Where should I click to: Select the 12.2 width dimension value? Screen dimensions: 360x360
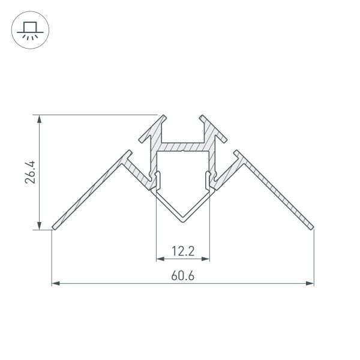click(183, 252)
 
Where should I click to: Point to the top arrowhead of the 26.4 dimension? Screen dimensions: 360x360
click(40, 118)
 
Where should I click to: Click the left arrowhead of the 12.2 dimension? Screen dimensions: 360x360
click(160, 259)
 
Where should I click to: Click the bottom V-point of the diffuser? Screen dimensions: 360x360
click(183, 221)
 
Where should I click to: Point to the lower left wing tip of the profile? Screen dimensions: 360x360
click(54, 227)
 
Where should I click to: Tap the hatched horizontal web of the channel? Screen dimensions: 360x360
click(183, 146)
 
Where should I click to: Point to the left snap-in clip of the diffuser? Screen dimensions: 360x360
click(157, 178)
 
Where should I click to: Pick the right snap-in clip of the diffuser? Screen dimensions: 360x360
click(209, 178)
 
